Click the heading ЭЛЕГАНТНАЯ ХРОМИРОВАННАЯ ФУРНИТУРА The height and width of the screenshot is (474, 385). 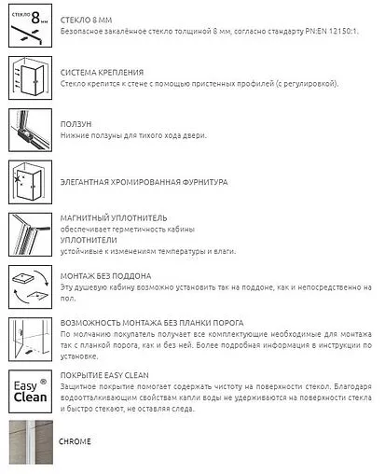tap(143, 182)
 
